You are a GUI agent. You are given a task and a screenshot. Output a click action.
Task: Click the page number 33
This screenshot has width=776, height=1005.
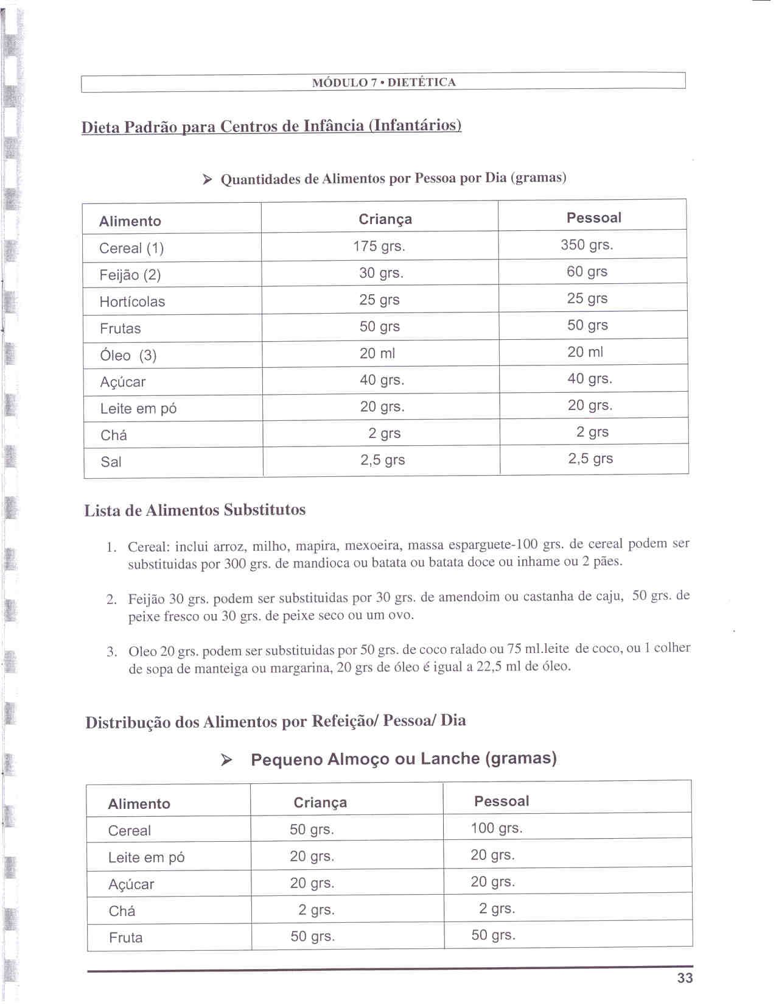click(x=685, y=978)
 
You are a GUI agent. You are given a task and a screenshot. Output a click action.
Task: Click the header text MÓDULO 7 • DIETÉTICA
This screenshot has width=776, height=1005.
click(x=383, y=82)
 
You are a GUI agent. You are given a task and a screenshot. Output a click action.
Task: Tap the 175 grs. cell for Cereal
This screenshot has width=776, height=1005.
click(x=379, y=246)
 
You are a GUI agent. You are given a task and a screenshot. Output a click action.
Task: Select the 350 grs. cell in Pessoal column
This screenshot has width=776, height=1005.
click(x=587, y=245)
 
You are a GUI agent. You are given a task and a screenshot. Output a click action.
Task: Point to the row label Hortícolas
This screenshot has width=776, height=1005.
click(x=132, y=301)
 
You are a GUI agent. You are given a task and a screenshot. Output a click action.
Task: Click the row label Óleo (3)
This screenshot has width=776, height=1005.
click(x=128, y=355)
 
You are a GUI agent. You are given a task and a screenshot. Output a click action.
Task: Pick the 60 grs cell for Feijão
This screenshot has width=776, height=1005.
click(x=587, y=272)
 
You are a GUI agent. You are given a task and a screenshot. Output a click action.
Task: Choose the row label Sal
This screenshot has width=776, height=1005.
click(x=111, y=462)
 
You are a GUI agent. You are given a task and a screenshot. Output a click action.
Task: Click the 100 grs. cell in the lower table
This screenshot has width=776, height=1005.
click(x=496, y=828)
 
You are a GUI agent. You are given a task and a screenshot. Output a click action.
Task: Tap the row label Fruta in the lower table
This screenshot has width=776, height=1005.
click(x=125, y=937)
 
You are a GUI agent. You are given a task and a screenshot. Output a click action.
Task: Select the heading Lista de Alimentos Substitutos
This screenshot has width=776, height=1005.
click(x=195, y=510)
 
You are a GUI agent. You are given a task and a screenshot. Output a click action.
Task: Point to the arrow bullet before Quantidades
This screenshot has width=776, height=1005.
click(x=208, y=179)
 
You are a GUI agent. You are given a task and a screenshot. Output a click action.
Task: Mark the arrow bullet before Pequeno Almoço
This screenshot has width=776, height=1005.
click(x=226, y=760)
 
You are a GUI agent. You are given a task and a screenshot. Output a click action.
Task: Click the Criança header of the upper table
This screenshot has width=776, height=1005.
click(x=385, y=219)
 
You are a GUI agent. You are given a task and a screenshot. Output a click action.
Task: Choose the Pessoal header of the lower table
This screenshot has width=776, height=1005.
click(x=502, y=801)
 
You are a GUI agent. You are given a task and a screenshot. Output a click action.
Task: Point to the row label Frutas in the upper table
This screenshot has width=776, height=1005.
click(x=120, y=328)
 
